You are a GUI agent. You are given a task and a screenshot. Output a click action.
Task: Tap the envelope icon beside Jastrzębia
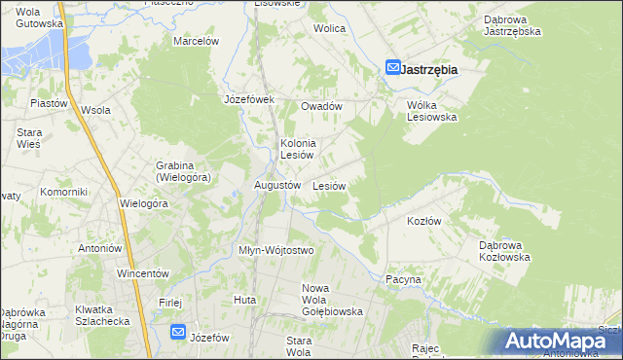pos(393,68)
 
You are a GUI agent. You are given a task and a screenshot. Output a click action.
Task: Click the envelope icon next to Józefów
pos(178,333)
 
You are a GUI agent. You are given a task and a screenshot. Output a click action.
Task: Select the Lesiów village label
pos(329,186)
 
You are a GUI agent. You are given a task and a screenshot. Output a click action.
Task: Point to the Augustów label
pos(276,185)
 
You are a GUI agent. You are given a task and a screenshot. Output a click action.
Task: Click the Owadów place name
pos(321,106)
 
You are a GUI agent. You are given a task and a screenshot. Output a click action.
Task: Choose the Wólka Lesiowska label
pos(431,110)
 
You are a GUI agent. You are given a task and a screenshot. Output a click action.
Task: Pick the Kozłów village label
pos(423,221)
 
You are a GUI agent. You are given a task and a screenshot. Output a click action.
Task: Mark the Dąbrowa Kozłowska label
pos(504,251)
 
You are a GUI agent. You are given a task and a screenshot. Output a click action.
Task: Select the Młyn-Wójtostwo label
pos(276,250)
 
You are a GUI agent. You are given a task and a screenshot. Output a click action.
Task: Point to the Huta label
pos(244,300)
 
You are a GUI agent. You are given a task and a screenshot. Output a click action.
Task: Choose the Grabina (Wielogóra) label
pos(183,171)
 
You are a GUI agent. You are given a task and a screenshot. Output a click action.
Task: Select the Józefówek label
pos(250,99)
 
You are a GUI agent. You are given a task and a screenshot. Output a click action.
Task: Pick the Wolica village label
pos(329,28)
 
